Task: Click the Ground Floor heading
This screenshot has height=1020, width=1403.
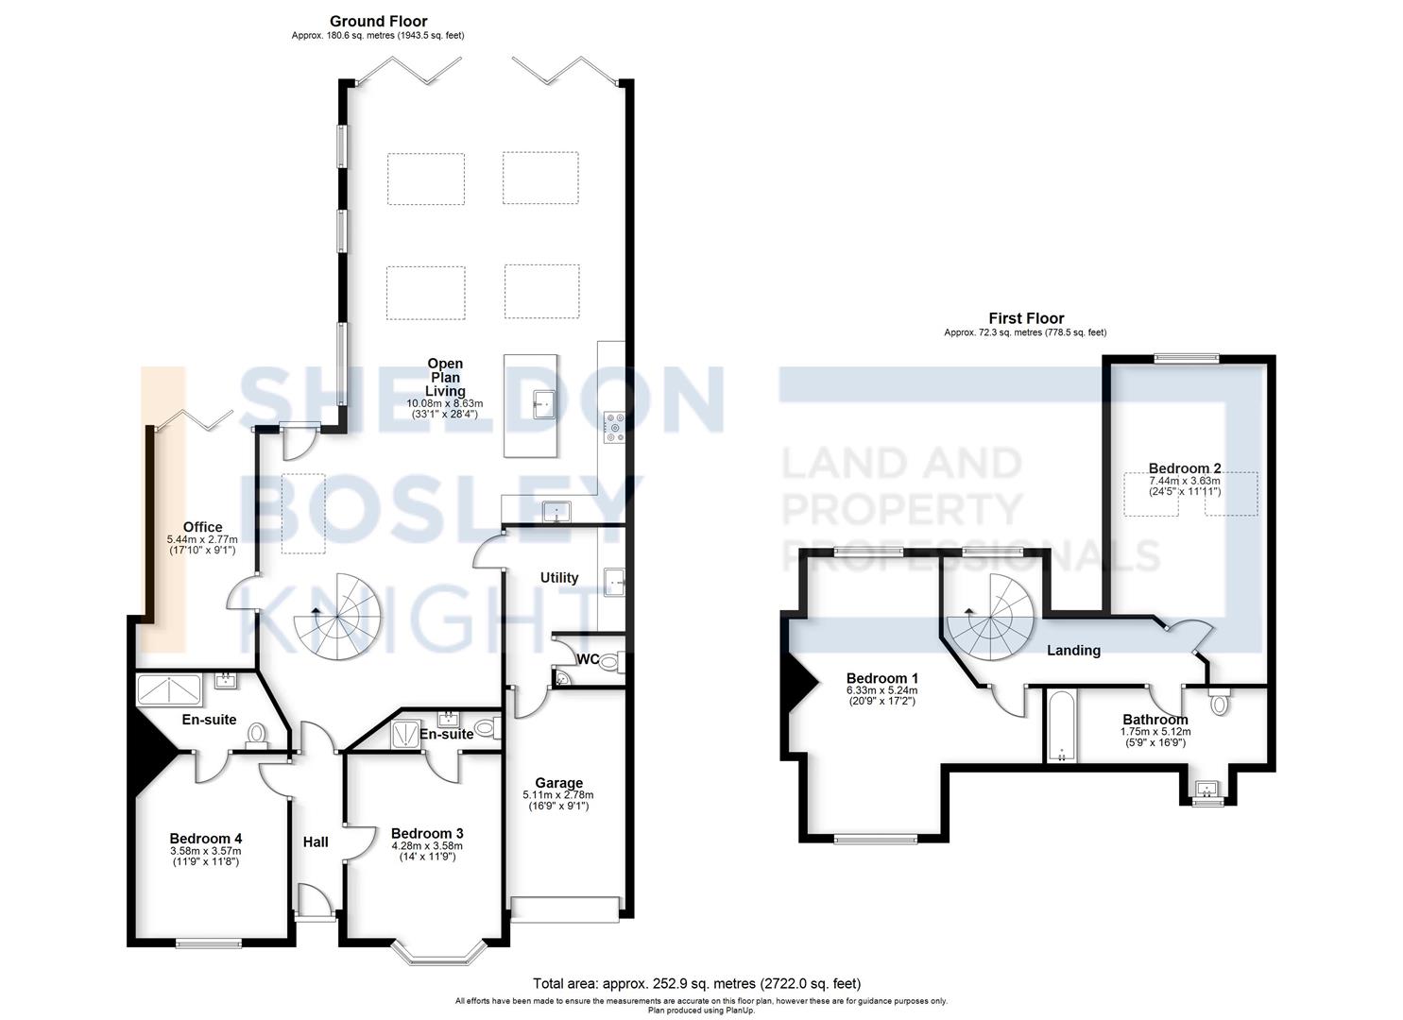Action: click(x=378, y=21)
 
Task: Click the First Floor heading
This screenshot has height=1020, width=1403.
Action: click(x=1026, y=318)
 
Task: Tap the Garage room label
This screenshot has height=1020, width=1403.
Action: click(x=558, y=782)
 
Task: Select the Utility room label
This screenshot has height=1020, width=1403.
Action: click(x=558, y=577)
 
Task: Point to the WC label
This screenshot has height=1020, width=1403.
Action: click(x=588, y=658)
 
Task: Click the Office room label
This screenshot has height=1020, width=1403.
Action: click(x=202, y=527)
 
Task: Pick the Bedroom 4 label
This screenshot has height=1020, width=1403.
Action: click(x=206, y=838)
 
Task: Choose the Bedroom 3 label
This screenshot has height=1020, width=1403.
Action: click(x=427, y=833)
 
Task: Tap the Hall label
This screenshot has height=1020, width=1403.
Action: click(x=316, y=841)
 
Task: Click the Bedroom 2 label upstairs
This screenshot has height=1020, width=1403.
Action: click(x=1184, y=467)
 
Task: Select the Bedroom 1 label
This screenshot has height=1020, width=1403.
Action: click(x=881, y=678)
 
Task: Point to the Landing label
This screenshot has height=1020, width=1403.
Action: click(x=1073, y=650)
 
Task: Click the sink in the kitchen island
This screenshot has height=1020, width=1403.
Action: click(x=541, y=403)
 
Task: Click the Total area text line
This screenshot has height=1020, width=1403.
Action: click(x=696, y=983)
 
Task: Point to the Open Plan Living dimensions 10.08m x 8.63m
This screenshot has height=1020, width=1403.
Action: click(x=444, y=403)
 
